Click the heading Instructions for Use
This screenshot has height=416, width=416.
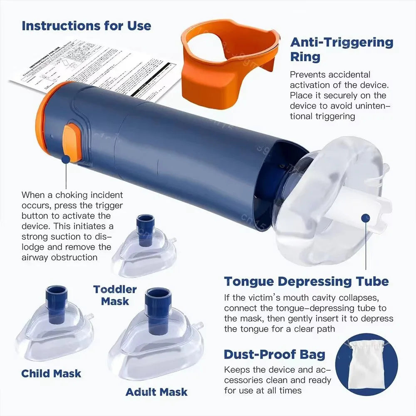click(86, 25)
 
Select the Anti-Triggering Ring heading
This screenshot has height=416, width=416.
click(341, 49)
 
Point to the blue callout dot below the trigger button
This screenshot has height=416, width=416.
click(66, 159)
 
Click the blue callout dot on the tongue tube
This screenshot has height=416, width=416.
click(366, 218)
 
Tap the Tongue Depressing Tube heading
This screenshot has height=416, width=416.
click(306, 281)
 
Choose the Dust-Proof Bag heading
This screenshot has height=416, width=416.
click(275, 354)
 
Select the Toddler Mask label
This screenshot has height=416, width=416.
click(115, 295)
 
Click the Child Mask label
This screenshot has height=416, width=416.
click(51, 373)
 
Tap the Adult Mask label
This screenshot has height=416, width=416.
click(156, 391)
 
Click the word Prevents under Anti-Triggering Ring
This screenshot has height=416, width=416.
click(307, 75)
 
